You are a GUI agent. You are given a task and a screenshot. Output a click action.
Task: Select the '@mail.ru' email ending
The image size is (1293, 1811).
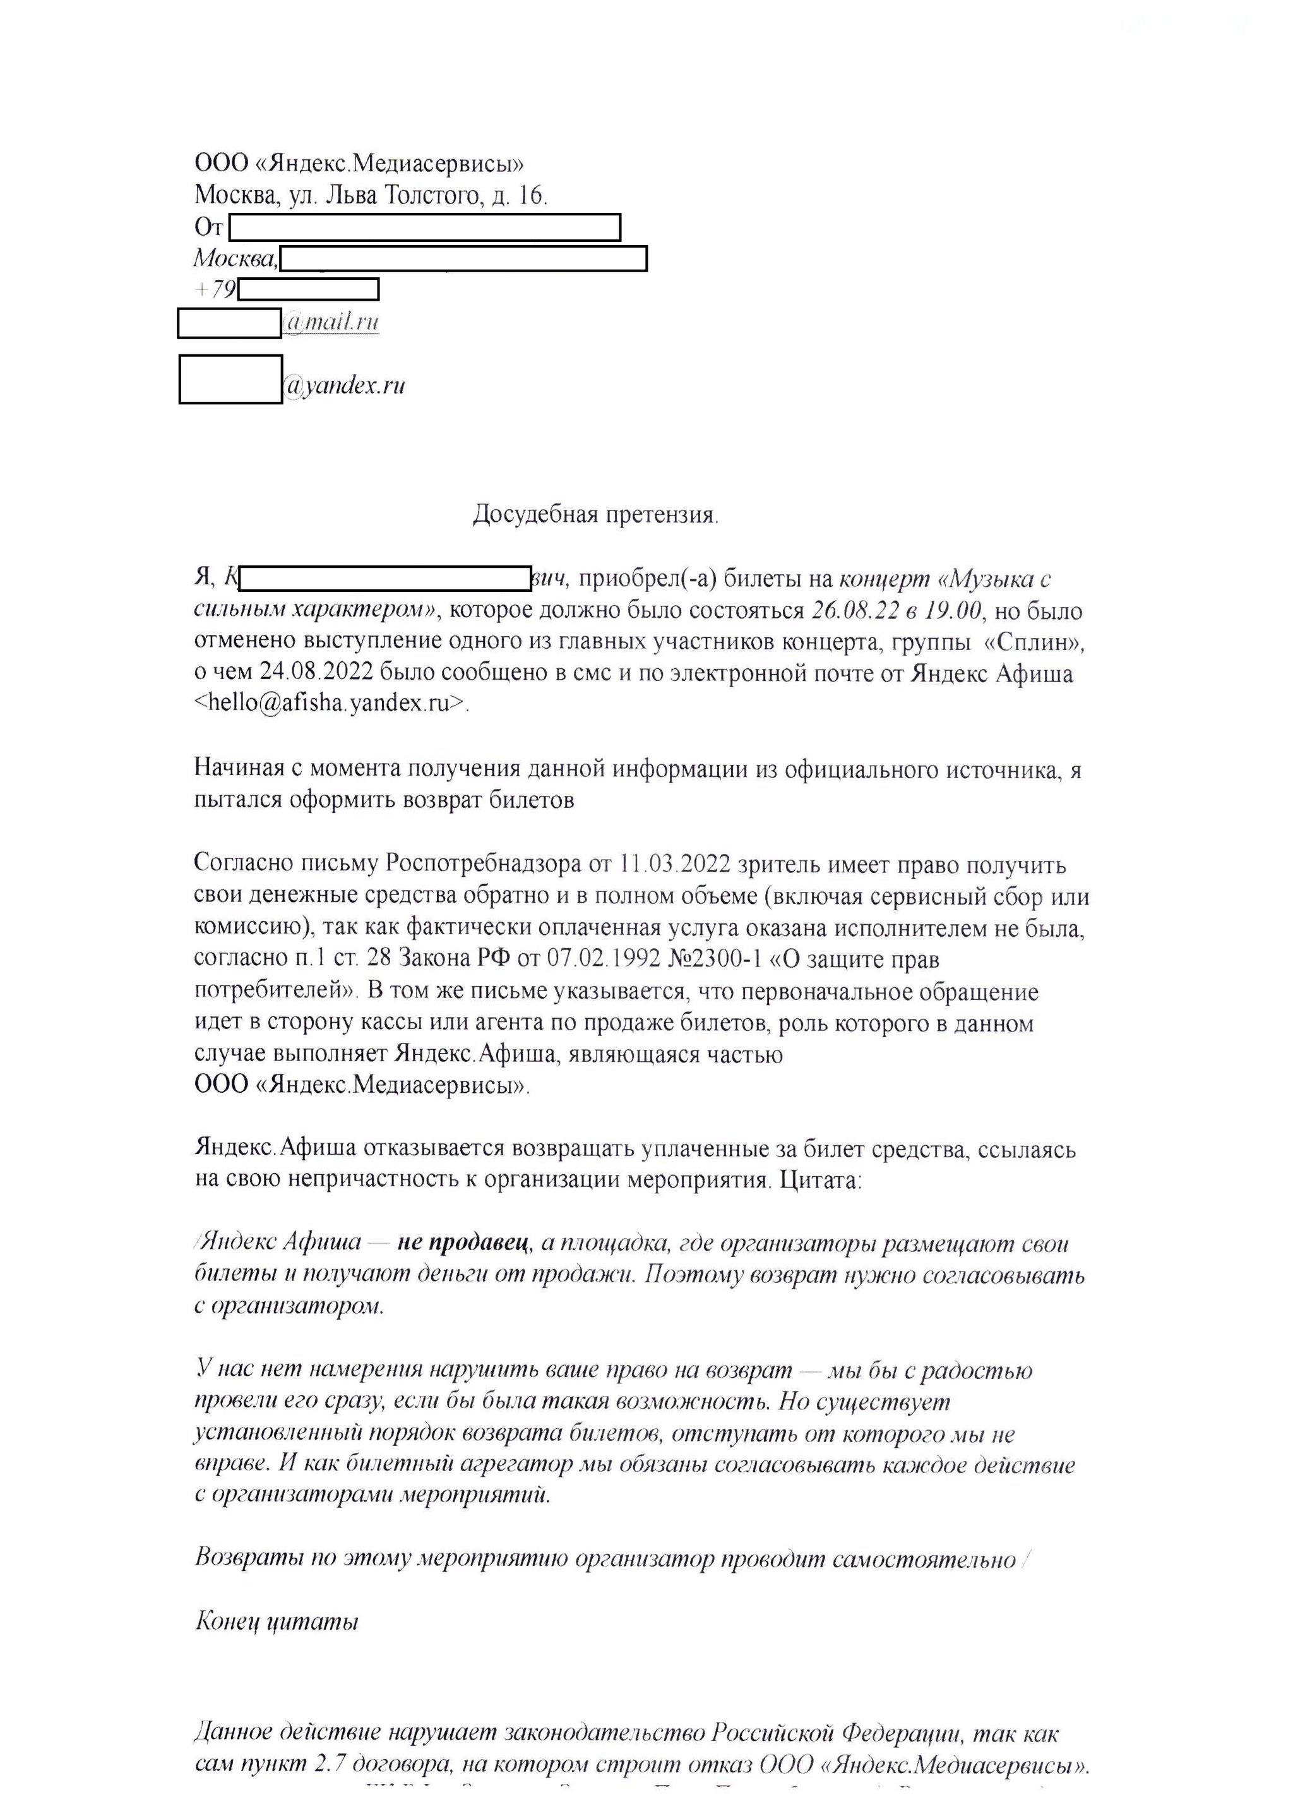point(330,323)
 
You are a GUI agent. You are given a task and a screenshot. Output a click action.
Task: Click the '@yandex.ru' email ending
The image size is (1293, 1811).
point(344,386)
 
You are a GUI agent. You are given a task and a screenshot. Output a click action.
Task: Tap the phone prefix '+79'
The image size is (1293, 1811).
point(215,289)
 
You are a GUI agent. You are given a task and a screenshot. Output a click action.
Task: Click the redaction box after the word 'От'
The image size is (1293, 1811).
point(424,227)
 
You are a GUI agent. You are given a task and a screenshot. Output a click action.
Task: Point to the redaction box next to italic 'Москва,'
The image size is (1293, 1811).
point(463,259)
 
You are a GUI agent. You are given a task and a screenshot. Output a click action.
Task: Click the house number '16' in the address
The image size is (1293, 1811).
point(531,195)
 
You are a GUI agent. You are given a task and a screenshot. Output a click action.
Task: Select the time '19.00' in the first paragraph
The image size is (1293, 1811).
point(951,611)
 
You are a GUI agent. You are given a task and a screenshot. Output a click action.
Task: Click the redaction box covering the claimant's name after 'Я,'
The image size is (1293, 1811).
point(384,578)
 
